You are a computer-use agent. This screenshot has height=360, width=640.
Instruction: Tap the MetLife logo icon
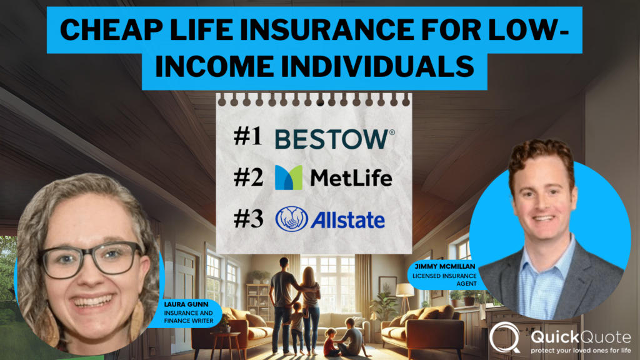288,178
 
